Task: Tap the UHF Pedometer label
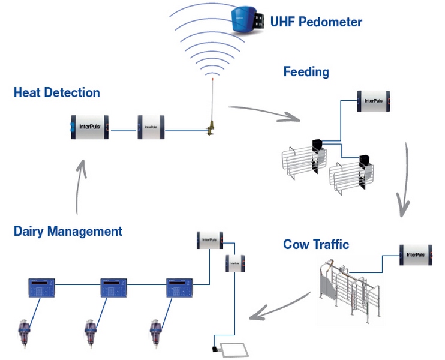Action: click(x=316, y=22)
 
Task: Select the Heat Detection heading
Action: click(x=56, y=92)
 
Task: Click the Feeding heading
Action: click(x=306, y=72)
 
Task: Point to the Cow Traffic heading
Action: click(x=316, y=244)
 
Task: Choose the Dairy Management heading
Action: click(x=68, y=231)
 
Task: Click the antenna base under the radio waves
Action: click(x=211, y=129)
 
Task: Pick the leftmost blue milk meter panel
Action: click(x=41, y=287)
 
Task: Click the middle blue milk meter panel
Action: click(x=113, y=287)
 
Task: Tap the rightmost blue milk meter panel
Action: click(x=178, y=287)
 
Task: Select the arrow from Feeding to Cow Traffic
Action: click(x=404, y=180)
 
